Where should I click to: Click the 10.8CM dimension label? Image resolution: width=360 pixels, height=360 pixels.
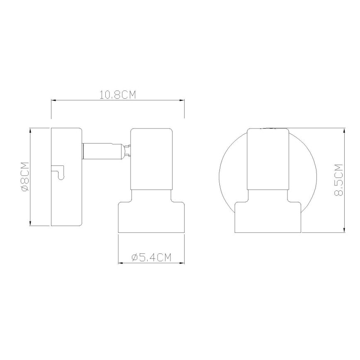[x=118, y=95]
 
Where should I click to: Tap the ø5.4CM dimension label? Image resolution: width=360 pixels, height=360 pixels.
[x=151, y=258]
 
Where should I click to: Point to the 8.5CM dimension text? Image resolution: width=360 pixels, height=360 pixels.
[x=339, y=180]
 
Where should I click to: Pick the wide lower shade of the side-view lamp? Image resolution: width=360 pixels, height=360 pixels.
[x=151, y=217]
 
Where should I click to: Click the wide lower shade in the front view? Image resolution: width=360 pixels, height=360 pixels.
[x=268, y=217]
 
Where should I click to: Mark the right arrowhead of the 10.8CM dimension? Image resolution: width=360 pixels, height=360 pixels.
[x=182, y=100]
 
